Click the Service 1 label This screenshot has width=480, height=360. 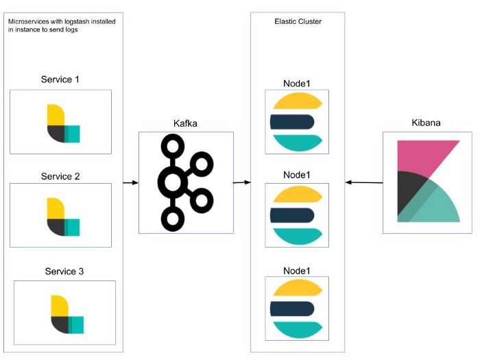tap(60, 80)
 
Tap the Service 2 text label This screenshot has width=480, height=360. tap(60, 176)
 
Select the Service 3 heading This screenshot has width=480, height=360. tap(64, 272)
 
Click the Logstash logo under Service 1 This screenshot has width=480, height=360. tap(62, 123)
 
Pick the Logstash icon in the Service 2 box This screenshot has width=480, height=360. tap(62, 217)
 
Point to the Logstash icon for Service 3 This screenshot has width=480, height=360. tap(66, 314)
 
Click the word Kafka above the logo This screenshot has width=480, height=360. tap(187, 123)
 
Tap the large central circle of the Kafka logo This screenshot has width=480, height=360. tap(172, 182)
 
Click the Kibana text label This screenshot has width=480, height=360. tap(426, 123)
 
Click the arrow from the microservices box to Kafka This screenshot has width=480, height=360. tap(131, 182)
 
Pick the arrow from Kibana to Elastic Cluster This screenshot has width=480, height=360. tap(363, 182)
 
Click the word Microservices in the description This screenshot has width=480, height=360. tap(29, 22)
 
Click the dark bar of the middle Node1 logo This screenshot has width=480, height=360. tap(293, 215)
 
